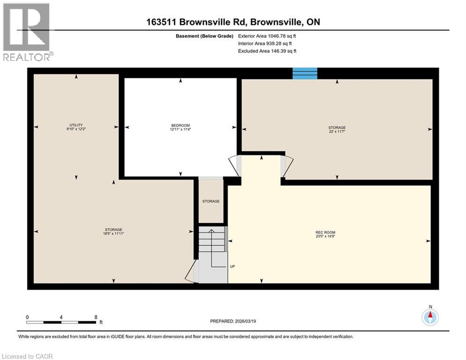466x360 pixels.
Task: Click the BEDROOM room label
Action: (180, 125)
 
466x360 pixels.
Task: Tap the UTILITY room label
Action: (76, 125)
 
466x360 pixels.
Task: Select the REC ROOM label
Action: (325, 232)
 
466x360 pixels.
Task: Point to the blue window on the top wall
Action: (305, 74)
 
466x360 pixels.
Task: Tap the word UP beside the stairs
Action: (232, 266)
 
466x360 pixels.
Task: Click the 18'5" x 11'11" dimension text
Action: (113, 233)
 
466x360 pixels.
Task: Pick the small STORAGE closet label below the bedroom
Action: (211, 201)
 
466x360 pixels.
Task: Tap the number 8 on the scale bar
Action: (96, 317)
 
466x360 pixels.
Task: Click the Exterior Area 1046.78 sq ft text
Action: (267, 36)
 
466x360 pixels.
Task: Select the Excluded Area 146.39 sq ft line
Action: (267, 51)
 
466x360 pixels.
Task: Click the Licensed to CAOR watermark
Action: (27, 356)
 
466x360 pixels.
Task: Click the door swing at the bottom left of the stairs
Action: (192, 272)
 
